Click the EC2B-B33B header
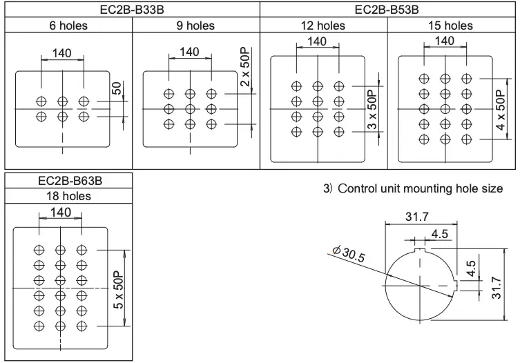tap(131, 10)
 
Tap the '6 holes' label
tap(67, 26)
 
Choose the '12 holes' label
tap(323, 26)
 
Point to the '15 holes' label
tap(451, 26)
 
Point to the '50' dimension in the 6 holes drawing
tap(117, 88)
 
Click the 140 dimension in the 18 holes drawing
tap(61, 213)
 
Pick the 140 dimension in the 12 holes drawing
tap(316, 41)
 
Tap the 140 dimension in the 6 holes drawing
tap(62, 53)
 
